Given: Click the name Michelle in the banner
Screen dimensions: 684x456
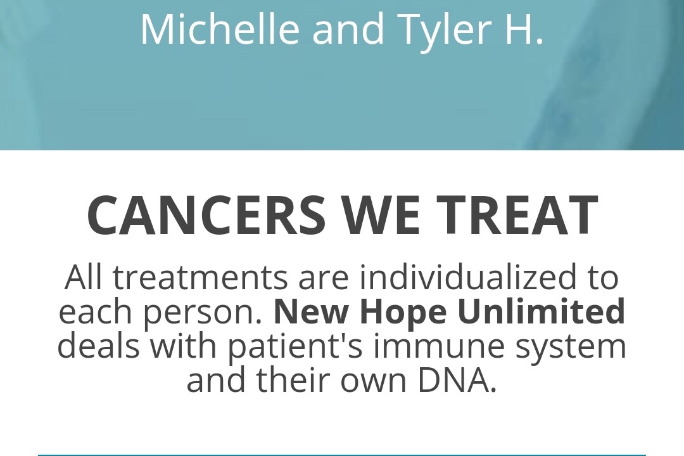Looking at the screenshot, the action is point(220,29).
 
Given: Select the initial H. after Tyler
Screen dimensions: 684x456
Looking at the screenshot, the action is point(524,29).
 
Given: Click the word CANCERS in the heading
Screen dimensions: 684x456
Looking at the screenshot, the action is point(206,215).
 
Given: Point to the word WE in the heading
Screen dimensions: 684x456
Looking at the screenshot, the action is point(381,215).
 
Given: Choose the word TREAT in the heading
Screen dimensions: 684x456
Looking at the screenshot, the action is point(517,215).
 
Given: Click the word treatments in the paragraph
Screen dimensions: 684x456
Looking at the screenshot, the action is point(200,278).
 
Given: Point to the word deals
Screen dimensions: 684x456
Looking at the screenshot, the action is point(99,345).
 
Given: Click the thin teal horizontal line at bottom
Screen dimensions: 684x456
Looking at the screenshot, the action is point(341,455).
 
